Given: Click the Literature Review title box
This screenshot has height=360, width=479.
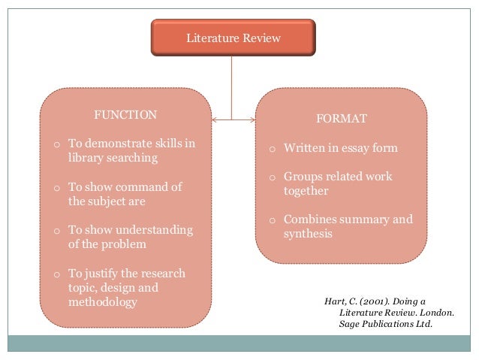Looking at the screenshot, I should point(233,38).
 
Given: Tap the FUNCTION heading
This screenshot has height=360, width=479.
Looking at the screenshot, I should point(125,115).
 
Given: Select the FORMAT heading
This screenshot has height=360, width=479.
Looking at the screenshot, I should point(342,119).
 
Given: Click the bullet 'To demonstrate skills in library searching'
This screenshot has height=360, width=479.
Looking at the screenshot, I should point(130,150).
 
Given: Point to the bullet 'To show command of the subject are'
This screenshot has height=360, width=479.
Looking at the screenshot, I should point(125,194).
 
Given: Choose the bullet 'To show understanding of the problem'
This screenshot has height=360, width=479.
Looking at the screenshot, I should point(130,237).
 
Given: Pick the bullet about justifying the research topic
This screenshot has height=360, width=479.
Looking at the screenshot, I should point(126,288).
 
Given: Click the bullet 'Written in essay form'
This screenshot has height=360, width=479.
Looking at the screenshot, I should point(340,148).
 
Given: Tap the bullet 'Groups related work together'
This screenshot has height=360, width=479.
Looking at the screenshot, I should point(337,183).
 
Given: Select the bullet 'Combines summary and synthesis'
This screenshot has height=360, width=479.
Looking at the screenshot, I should point(348,226).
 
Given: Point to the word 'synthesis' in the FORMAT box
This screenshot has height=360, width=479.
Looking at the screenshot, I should point(308,234).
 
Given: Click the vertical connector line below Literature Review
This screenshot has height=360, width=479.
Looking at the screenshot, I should point(233,86).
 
